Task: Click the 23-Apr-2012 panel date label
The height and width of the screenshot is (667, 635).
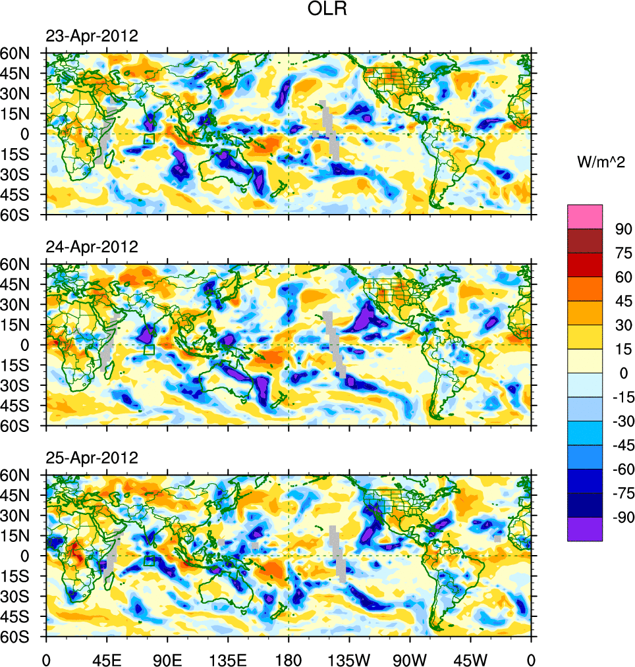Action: [92, 36]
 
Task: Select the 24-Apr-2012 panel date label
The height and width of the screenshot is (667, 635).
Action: [92, 247]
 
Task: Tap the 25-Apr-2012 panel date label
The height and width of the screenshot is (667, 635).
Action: [92, 458]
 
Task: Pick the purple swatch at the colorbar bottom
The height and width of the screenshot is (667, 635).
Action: [585, 529]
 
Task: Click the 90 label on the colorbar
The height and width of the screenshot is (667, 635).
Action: [622, 229]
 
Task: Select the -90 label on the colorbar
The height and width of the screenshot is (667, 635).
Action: [619, 517]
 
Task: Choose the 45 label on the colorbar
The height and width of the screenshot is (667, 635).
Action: [622, 301]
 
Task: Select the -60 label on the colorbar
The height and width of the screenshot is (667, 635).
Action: [619, 469]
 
